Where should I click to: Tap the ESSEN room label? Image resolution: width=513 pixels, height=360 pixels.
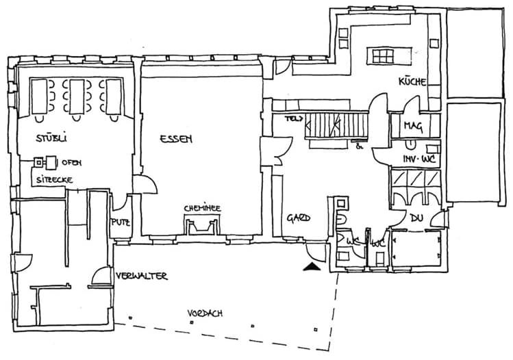(176, 139)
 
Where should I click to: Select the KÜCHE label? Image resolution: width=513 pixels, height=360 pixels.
(413, 81)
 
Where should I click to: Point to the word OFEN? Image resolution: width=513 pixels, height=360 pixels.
(73, 162)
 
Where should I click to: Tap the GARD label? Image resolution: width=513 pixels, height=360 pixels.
(299, 218)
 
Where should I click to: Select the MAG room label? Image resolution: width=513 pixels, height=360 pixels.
(412, 126)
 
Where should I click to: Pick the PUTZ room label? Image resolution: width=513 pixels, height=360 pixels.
(121, 222)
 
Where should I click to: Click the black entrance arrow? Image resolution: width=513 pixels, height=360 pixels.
(312, 267)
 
